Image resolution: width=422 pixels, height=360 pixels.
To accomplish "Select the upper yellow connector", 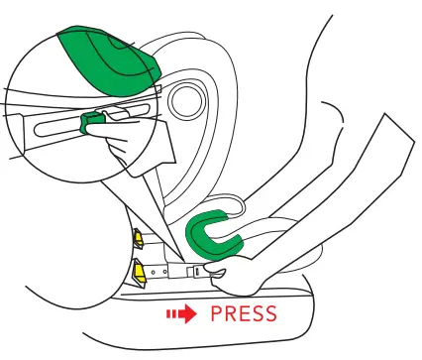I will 138,239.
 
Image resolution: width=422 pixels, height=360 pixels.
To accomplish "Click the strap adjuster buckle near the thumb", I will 198,271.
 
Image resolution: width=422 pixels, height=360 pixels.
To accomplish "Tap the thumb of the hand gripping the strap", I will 220,273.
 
